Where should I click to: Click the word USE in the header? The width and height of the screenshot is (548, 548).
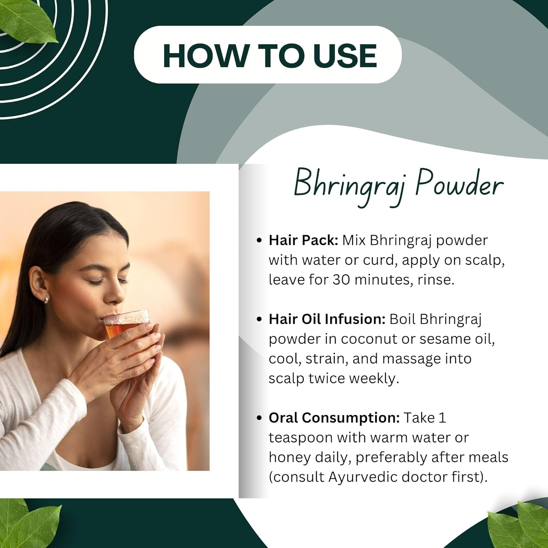345,56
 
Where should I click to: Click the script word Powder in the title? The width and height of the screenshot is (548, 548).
459,184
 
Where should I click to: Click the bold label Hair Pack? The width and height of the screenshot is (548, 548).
303,240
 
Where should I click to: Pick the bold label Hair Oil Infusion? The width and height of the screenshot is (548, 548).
327,319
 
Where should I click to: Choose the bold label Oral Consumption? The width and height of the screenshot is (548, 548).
334,418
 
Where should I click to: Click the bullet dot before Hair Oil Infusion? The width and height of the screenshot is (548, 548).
259,319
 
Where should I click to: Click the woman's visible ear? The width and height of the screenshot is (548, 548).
39,285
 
